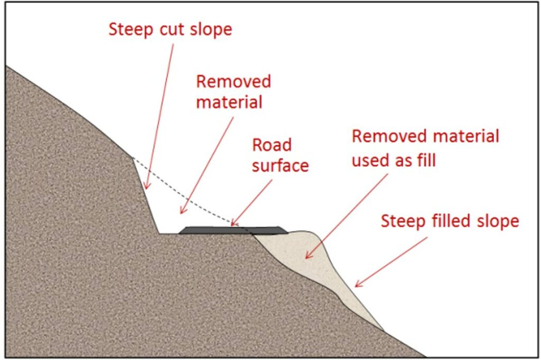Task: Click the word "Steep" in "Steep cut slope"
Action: pos(131,30)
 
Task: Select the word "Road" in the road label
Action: pos(272,145)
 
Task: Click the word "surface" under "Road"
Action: pos(280,166)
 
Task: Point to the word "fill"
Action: pos(426,159)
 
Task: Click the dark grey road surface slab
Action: pos(233,230)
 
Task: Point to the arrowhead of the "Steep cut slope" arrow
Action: pos(147,186)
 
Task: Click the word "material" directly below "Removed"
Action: pos(229,102)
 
